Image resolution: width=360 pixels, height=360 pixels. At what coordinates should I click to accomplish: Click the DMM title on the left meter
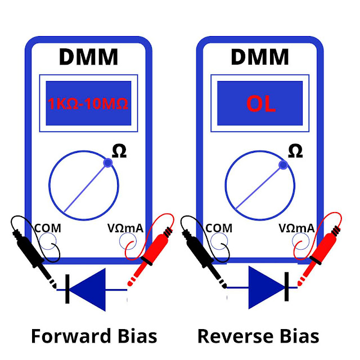tap(88, 57)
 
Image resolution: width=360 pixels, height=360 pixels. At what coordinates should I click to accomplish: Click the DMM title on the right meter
tap(260, 57)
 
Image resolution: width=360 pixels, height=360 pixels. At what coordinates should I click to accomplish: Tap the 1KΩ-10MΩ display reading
tap(89, 103)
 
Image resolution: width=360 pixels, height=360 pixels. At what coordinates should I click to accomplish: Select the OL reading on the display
tap(260, 103)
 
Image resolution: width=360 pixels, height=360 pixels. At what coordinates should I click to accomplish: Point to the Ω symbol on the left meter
tap(119, 150)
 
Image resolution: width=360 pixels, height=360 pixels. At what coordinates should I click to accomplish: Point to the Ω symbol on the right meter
tap(294, 150)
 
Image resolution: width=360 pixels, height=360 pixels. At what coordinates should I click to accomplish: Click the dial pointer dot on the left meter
tap(108, 163)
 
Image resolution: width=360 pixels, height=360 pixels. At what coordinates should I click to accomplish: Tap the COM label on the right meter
tap(219, 228)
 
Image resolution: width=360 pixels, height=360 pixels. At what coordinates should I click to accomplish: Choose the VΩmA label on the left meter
tap(125, 228)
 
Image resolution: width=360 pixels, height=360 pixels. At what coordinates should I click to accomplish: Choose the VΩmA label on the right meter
tap(296, 228)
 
